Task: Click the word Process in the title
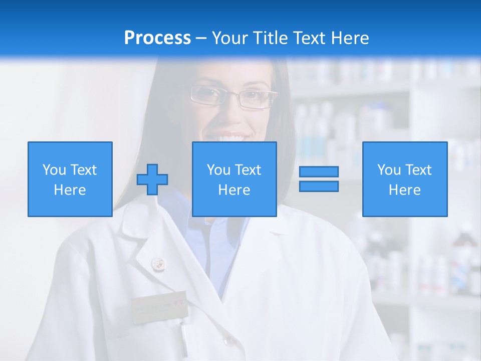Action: pos(157,38)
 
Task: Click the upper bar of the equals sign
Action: pos(319,171)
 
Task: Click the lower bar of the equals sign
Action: pos(319,186)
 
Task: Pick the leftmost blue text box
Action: pos(70,179)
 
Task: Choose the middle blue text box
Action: pos(234,179)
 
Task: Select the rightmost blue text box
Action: pos(405,179)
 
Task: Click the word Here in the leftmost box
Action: pos(70,190)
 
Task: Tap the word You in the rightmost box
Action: pos(389,170)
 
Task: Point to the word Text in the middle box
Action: pos(248,170)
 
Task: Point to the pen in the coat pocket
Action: pos(184,338)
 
